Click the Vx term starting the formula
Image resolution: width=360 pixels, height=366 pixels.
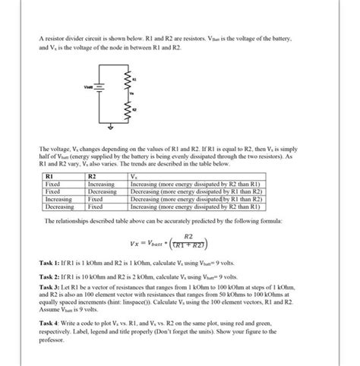137,242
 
